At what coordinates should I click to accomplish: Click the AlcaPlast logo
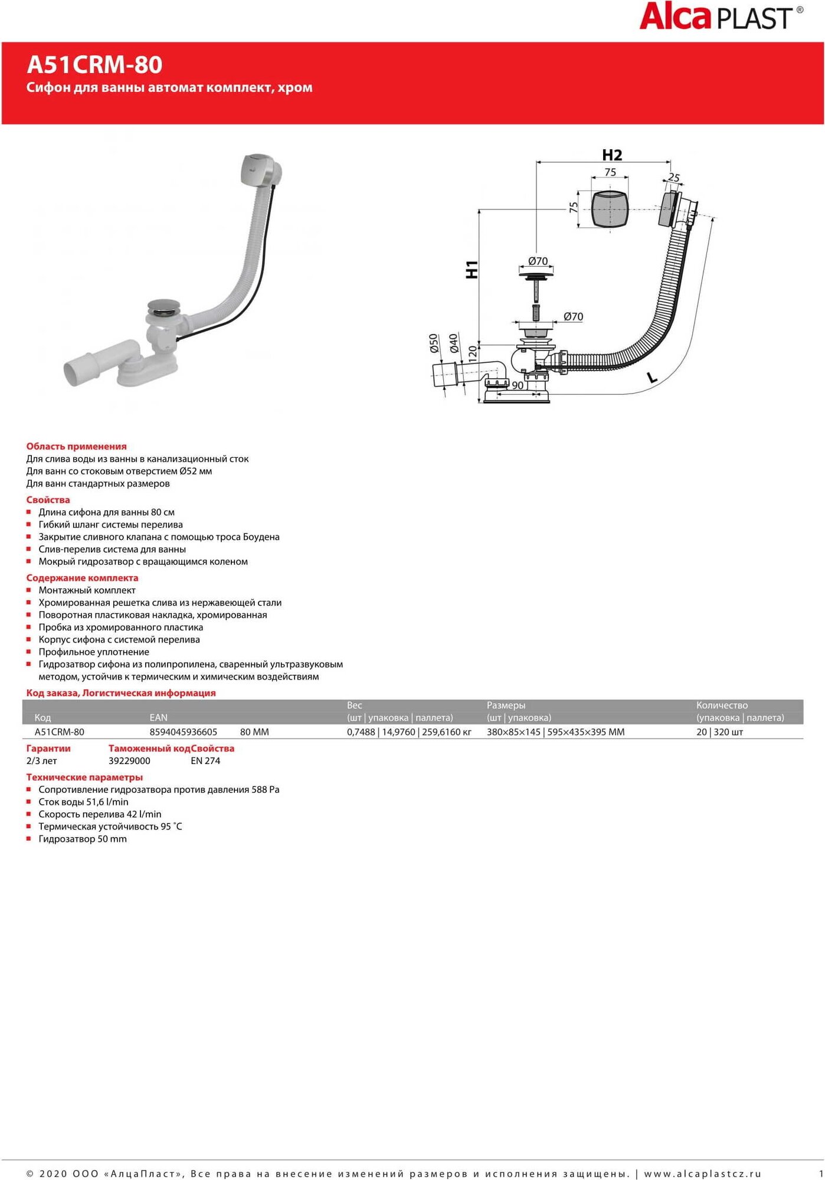click(x=720, y=17)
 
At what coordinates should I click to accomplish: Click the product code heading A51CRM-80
click(x=94, y=65)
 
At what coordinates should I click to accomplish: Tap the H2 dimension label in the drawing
click(x=612, y=155)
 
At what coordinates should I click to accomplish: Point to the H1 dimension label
click(x=472, y=269)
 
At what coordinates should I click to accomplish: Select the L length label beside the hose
click(x=652, y=377)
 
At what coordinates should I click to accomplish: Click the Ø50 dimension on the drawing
click(x=434, y=343)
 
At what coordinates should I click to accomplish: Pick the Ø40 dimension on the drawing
click(x=453, y=343)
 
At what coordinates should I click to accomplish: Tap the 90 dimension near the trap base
click(x=518, y=385)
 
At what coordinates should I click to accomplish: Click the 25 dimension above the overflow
click(x=674, y=177)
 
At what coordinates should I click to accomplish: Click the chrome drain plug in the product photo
click(x=163, y=306)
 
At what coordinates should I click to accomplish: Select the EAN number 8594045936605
click(x=183, y=732)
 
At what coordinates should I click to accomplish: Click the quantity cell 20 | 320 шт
click(x=719, y=732)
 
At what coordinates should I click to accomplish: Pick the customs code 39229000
click(x=129, y=761)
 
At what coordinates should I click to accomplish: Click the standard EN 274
click(x=205, y=761)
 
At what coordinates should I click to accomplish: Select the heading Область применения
click(x=76, y=447)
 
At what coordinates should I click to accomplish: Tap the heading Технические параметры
click(x=84, y=778)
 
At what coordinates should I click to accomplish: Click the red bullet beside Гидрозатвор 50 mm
click(x=29, y=838)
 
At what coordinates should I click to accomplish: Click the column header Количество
click(x=722, y=706)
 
